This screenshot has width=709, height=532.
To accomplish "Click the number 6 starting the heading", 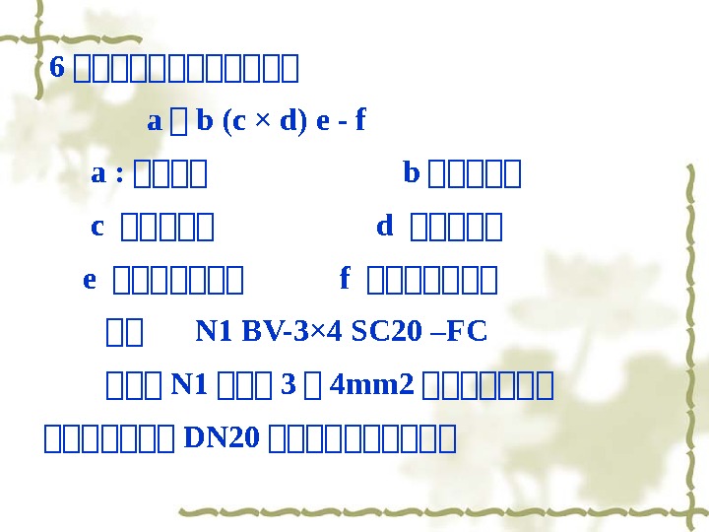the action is pyautogui.click(x=57, y=68).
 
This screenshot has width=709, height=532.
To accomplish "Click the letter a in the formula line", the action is pyautogui.click(x=154, y=121).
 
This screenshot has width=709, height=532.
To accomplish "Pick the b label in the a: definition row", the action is pyautogui.click(x=412, y=174).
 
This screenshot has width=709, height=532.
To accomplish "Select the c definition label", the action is pyautogui.click(x=97, y=228).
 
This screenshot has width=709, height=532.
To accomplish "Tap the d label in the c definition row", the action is pyautogui.click(x=385, y=228).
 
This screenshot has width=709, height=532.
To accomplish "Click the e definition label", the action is pyautogui.click(x=90, y=281).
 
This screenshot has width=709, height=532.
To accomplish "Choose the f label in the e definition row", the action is pyautogui.click(x=345, y=280).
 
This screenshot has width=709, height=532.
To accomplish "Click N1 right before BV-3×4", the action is pyautogui.click(x=211, y=332).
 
